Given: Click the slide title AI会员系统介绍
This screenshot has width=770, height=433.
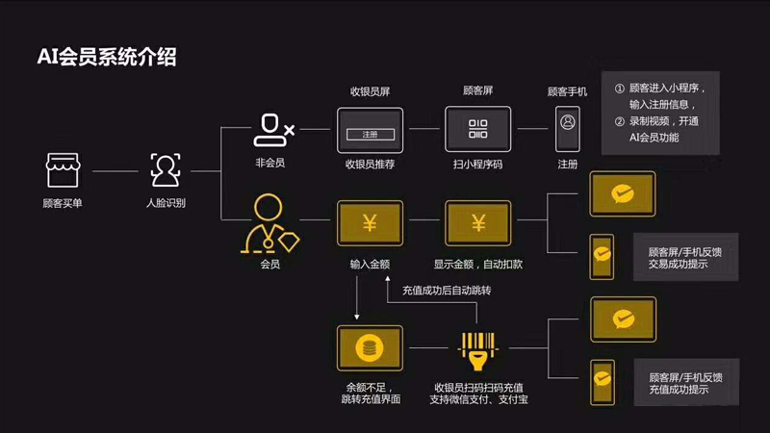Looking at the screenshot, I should [107, 57].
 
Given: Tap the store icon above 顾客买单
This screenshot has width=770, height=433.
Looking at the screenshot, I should [63, 170].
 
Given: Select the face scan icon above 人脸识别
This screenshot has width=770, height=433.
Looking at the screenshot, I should [165, 170].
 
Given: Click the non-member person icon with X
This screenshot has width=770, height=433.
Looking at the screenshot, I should [272, 130].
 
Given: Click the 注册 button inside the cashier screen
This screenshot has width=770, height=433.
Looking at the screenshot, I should [371, 134].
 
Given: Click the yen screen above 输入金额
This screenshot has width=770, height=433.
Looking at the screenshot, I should [370, 223].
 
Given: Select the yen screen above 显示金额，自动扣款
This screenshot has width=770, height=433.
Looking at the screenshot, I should [478, 223].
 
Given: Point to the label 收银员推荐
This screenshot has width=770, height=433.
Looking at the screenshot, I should [371, 164].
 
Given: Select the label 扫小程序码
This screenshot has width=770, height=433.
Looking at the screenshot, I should [478, 164].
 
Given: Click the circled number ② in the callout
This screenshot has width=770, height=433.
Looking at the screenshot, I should [620, 121].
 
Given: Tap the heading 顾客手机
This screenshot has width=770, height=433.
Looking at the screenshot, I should [568, 92].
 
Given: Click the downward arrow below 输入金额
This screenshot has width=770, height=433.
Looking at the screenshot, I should [357, 306].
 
